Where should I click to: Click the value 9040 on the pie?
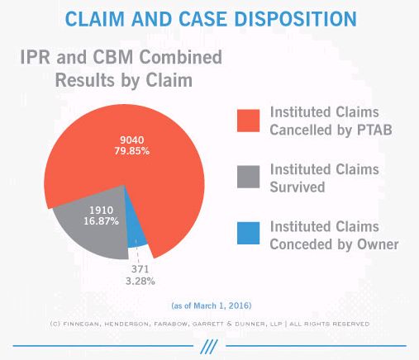(x=132, y=140)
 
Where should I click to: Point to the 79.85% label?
(x=132, y=151)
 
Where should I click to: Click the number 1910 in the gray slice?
(x=102, y=211)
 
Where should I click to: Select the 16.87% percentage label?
(x=102, y=221)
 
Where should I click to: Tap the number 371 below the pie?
(x=140, y=269)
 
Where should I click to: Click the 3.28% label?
(x=140, y=281)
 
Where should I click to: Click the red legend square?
(x=248, y=121)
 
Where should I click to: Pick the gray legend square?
(x=248, y=177)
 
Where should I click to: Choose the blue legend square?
(x=248, y=233)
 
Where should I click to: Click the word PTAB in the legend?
(x=374, y=130)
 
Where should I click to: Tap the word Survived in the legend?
(x=298, y=187)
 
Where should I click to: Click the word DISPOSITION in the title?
(x=295, y=19)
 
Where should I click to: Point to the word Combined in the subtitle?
(x=180, y=57)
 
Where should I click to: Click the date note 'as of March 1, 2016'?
(x=212, y=306)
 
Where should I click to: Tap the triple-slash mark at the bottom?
(x=209, y=347)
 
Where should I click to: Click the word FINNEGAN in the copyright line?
(x=80, y=324)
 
